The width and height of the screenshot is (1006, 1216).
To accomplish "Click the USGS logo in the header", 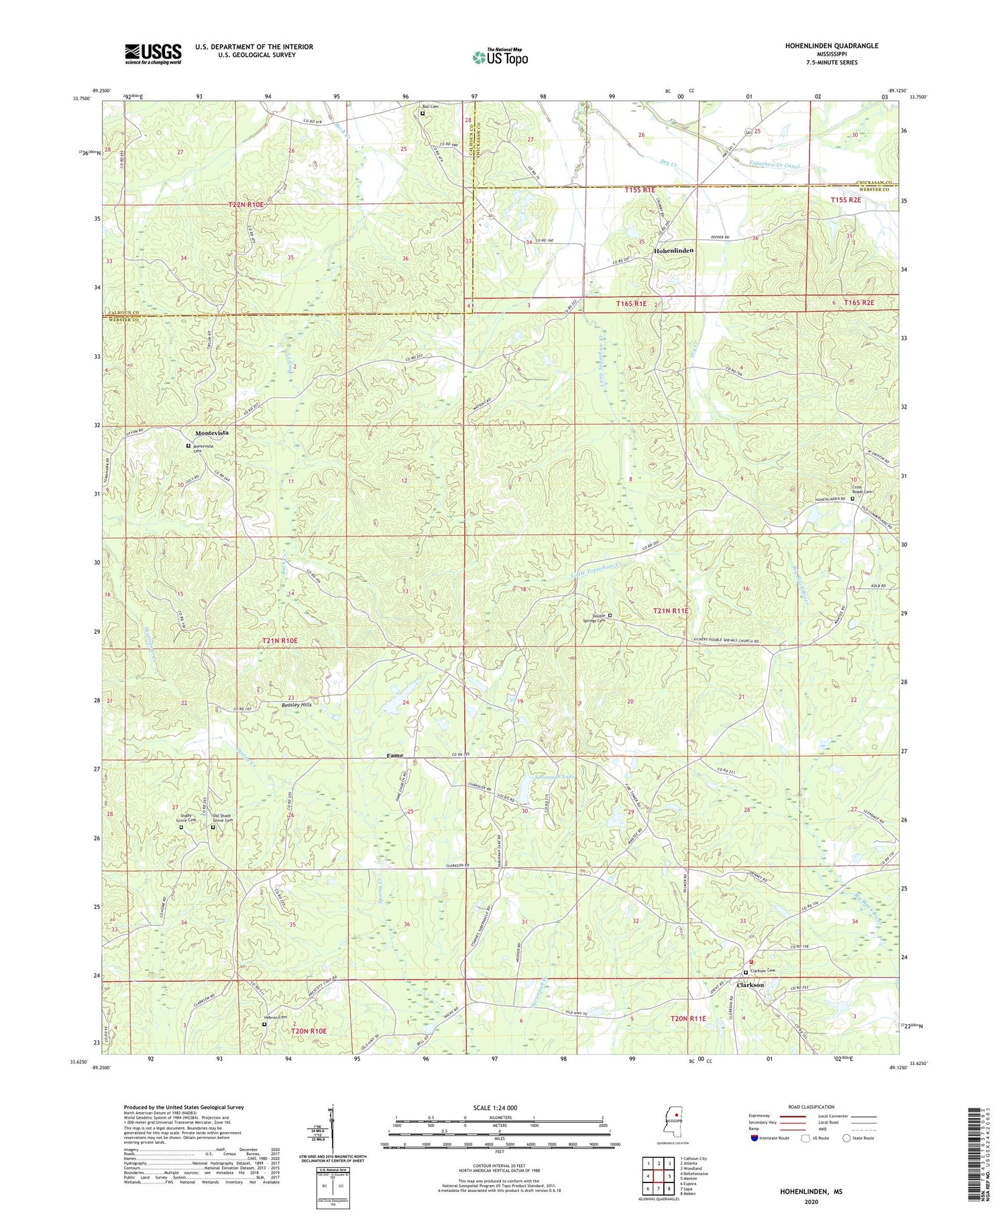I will coord(153,54).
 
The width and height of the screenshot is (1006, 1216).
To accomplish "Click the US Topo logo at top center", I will coord(500,57).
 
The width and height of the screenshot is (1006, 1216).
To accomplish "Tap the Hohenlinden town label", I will coord(673,250).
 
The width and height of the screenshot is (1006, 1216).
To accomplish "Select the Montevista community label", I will coord(211,433).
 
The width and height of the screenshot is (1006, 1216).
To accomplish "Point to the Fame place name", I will coord(395,755).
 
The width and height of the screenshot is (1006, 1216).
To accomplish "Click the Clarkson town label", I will coord(750,985).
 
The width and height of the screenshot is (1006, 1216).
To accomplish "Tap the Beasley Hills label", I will coord(296,705).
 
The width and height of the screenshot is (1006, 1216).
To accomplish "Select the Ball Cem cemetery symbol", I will coord(423,114).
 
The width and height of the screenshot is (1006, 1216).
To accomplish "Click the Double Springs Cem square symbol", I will coord(610,615).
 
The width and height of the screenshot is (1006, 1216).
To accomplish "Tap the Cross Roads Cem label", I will coord(862,490).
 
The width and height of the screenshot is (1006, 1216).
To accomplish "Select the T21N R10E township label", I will coord(280,641).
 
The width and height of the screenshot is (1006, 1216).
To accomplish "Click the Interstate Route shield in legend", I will coord(754,1138).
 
